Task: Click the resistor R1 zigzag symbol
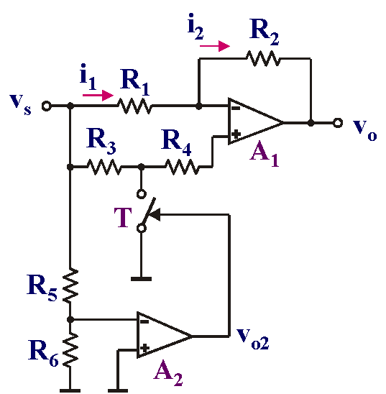click(x=134, y=106)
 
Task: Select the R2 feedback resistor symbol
click(x=263, y=58)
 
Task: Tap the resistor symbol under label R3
click(x=104, y=167)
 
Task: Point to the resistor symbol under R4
click(x=182, y=167)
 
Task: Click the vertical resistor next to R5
click(x=70, y=285)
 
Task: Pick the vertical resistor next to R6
click(x=70, y=349)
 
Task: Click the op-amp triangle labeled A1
click(x=256, y=122)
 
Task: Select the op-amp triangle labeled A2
click(x=165, y=335)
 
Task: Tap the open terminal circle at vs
click(x=46, y=106)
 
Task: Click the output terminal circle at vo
click(x=338, y=123)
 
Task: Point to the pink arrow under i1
click(x=98, y=95)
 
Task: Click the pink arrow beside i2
click(x=215, y=46)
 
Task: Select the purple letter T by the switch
click(x=123, y=217)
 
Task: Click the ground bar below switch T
click(x=141, y=279)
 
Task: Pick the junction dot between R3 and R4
click(x=142, y=167)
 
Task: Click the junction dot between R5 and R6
click(x=70, y=320)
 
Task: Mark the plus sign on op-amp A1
click(x=236, y=134)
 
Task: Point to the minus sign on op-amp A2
click(x=144, y=321)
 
